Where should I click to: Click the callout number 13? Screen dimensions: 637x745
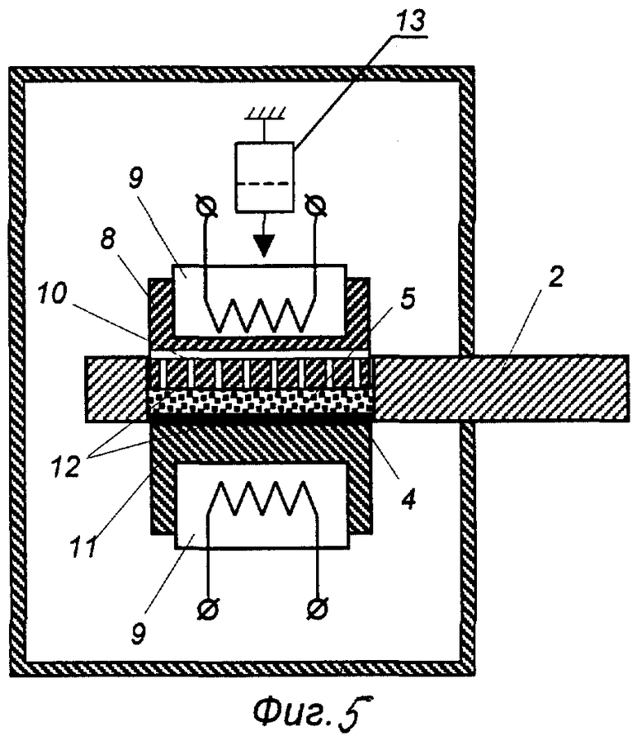click(412, 22)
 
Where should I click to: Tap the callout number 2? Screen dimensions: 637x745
click(556, 277)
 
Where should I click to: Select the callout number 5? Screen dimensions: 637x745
click(407, 299)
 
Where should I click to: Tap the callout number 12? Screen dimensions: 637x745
click(65, 466)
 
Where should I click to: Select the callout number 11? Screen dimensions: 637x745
click(85, 546)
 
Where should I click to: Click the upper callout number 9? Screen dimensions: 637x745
click(135, 178)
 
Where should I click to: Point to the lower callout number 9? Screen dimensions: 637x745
click(139, 633)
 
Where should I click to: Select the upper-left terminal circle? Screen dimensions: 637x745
click(208, 207)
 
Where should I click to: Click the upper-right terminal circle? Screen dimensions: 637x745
click(316, 207)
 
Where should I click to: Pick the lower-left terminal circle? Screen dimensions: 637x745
click(208, 609)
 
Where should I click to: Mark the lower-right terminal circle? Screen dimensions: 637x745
click(318, 609)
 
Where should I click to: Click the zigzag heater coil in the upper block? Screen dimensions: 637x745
click(260, 315)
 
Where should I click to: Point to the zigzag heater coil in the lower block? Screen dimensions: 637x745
click(261, 498)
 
